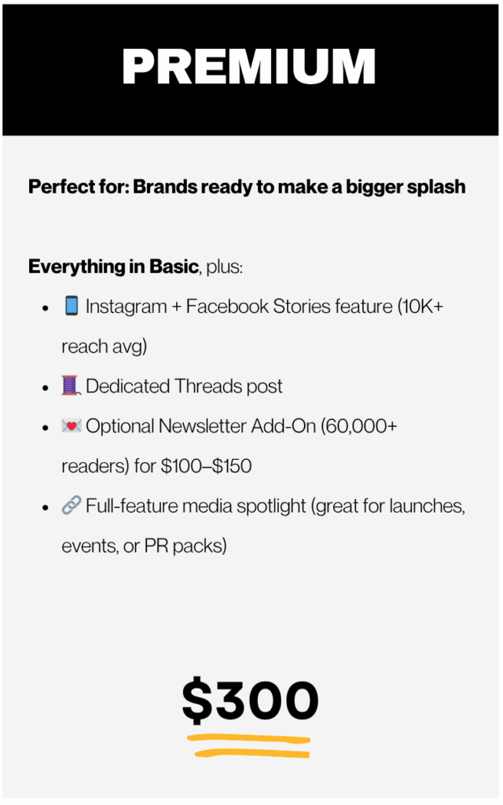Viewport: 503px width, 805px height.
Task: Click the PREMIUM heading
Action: pyautogui.click(x=249, y=66)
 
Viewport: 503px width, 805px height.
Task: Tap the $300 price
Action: pyautogui.click(x=251, y=700)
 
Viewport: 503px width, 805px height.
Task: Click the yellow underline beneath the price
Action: pyautogui.click(x=249, y=746)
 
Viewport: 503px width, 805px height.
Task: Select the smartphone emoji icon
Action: pyautogui.click(x=72, y=306)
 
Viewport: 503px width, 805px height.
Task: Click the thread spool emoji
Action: pyautogui.click(x=72, y=385)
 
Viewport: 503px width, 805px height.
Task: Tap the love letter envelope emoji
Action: pyautogui.click(x=72, y=425)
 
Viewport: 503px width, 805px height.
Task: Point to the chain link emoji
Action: pyautogui.click(x=72, y=505)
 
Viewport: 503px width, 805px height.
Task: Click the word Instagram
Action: pyautogui.click(x=127, y=307)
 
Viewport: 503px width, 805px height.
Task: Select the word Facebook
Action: pyautogui.click(x=227, y=306)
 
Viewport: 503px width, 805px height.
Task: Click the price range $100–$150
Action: pyautogui.click(x=207, y=466)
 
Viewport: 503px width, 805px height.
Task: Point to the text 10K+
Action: pyautogui.click(x=421, y=306)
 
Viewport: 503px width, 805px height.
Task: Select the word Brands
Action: pyautogui.click(x=165, y=187)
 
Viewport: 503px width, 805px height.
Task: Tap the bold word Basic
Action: pyautogui.click(x=174, y=266)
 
